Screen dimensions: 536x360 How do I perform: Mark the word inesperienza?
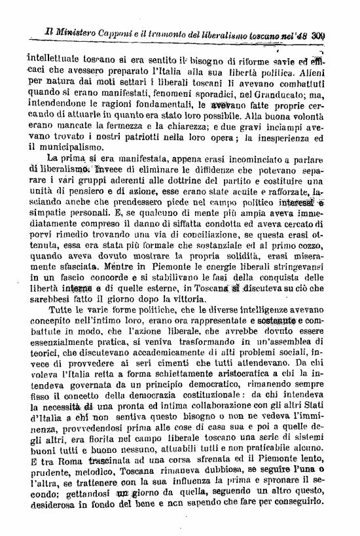pos(300,138)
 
